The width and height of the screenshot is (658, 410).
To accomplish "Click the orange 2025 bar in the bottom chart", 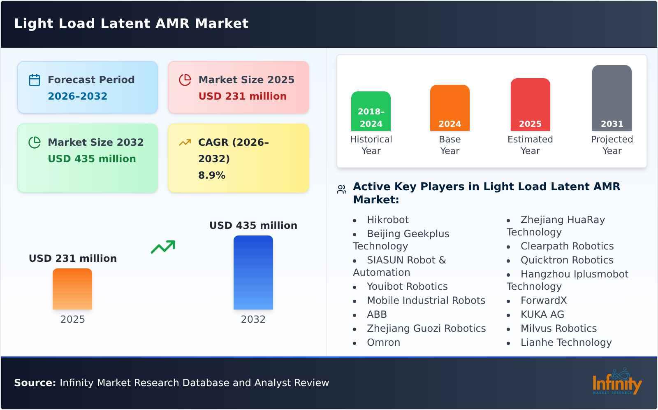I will click(x=72, y=289).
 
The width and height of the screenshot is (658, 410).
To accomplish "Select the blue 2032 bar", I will click(x=253, y=273).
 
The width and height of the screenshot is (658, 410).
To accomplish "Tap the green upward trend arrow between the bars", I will click(x=163, y=247).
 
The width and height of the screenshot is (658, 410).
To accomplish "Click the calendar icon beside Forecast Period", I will click(x=35, y=80).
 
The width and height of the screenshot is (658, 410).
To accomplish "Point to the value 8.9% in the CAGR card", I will click(x=211, y=175).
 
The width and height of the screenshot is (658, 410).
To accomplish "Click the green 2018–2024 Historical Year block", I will click(x=371, y=111).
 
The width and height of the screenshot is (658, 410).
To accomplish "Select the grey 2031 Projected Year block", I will click(x=612, y=98).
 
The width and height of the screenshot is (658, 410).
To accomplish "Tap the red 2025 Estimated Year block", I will click(x=530, y=105).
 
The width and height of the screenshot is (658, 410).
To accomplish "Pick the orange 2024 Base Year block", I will click(x=449, y=108).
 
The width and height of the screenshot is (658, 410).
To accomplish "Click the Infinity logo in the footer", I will click(x=617, y=382).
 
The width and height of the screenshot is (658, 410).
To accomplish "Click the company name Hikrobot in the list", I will click(x=387, y=220).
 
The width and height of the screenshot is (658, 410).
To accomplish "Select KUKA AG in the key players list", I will click(x=542, y=314).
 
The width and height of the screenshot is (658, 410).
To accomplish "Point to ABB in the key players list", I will click(x=377, y=314).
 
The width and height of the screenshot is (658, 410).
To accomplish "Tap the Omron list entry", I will click(x=383, y=342).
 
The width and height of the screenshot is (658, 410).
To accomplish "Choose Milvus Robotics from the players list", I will click(x=558, y=328).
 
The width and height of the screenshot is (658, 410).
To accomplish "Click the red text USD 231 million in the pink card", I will click(x=242, y=96).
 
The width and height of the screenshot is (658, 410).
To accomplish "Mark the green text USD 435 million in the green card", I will click(x=92, y=159).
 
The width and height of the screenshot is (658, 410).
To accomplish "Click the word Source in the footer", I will click(x=35, y=383).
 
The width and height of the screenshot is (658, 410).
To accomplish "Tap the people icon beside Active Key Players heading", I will click(x=341, y=189).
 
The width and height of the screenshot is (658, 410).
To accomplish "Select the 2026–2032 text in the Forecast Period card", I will click(x=77, y=96).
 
